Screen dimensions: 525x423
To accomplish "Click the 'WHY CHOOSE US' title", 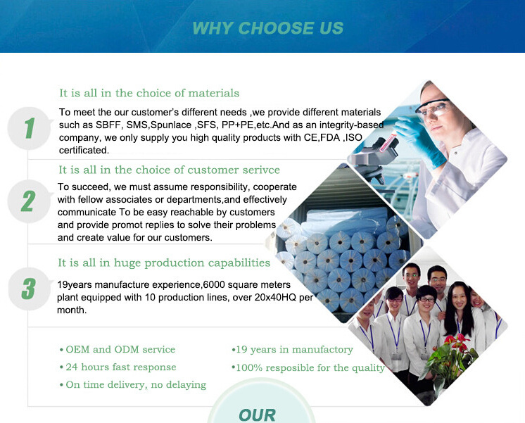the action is (x=268, y=28).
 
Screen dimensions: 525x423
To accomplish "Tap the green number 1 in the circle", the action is (x=30, y=128).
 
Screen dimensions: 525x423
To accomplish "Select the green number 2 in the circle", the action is (x=28, y=201).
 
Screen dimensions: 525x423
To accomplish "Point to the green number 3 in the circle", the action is (x=28, y=289).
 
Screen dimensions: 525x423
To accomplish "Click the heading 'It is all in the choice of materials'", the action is (x=149, y=93).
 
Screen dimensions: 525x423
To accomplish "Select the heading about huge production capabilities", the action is (x=164, y=263).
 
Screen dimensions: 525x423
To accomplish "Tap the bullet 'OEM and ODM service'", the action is (x=118, y=349).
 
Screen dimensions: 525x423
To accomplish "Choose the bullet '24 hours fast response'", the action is (x=118, y=367).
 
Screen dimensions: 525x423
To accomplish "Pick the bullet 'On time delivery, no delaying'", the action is (x=133, y=385).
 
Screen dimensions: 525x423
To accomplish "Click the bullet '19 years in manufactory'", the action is (x=292, y=350).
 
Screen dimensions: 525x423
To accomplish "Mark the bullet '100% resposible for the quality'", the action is (x=308, y=367).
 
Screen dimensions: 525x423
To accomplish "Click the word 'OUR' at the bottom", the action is (x=257, y=415).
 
